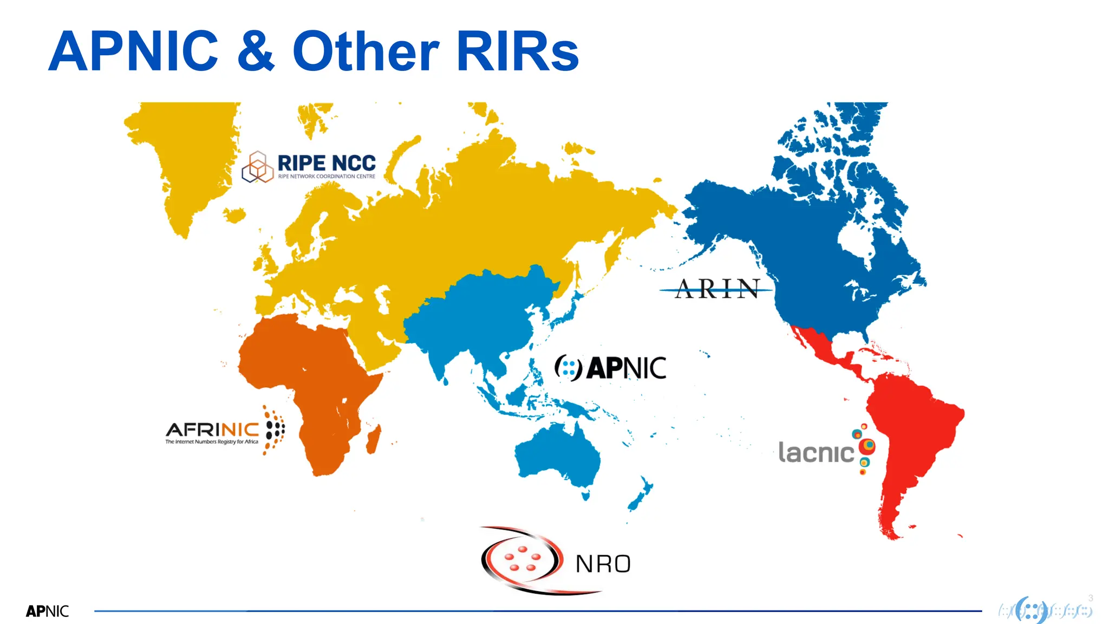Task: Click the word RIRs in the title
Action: click(518, 51)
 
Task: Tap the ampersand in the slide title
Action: click(256, 51)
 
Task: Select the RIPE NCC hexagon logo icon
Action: click(257, 167)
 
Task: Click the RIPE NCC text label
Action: click(327, 163)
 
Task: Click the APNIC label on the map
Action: click(626, 368)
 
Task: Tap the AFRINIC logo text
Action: click(212, 430)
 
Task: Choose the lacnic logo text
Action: click(816, 453)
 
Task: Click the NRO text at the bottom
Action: click(603, 564)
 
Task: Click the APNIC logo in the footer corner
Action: click(48, 611)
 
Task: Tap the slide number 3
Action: click(1091, 598)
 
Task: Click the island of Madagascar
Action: click(374, 439)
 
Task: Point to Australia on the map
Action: click(558, 455)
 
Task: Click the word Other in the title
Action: click(366, 51)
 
